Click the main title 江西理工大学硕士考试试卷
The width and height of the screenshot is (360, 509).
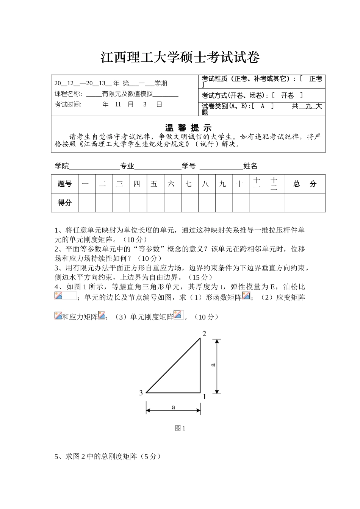click(x=180, y=58)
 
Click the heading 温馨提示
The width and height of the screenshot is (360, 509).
click(x=188, y=128)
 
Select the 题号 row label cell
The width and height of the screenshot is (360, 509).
click(x=65, y=184)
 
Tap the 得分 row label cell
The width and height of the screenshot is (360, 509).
click(x=65, y=203)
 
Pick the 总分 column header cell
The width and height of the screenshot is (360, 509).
click(x=305, y=184)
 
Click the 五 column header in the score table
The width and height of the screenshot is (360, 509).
click(x=154, y=184)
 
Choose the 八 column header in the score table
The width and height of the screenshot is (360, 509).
click(x=205, y=184)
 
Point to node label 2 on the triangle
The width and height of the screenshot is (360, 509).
click(x=204, y=333)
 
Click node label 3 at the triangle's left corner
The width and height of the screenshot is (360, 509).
click(x=141, y=393)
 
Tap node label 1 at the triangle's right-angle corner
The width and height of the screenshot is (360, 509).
click(x=205, y=397)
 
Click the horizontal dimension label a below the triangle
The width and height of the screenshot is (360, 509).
click(x=174, y=407)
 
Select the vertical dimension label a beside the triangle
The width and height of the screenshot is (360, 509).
click(x=213, y=365)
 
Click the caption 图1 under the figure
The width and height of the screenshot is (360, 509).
click(x=180, y=428)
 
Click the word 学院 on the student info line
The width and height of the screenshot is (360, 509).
click(x=62, y=166)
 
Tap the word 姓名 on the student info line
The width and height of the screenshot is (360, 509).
click(x=250, y=166)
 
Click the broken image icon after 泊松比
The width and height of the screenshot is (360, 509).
click(x=59, y=296)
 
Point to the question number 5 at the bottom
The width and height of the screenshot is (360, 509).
click(x=57, y=457)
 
